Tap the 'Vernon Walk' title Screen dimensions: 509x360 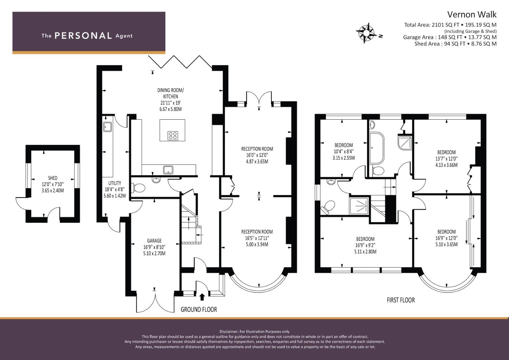472,15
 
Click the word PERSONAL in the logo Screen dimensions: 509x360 83,36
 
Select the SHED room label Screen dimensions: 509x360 53,178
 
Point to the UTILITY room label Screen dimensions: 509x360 115,183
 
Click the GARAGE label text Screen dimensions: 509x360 154,241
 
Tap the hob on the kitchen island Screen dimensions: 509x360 173,136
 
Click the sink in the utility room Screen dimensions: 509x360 107,127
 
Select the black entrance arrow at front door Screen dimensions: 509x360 202,297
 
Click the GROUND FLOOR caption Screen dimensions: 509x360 199,309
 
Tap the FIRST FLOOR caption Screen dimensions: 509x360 401,300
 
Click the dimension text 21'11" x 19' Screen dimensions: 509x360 171,103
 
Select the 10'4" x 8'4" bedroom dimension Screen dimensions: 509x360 344,151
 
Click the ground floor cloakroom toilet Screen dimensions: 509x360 139,188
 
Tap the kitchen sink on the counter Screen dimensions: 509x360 168,170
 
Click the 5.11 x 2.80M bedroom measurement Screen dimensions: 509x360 365,252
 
